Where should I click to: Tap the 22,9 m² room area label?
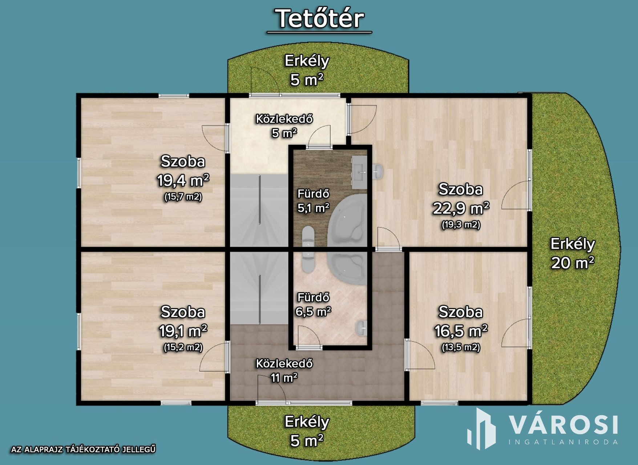point(461,208)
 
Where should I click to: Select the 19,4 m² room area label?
point(183,180)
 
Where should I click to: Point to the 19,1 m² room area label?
point(183,331)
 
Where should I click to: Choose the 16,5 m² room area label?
point(461,331)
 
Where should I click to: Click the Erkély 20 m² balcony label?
point(573,253)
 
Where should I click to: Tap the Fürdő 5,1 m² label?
point(314,201)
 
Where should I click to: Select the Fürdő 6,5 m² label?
point(313,304)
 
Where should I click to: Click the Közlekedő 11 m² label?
point(284,371)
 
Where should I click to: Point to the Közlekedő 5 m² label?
point(284,126)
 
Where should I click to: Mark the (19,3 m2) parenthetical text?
point(461,225)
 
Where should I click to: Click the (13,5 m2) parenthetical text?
point(461,347)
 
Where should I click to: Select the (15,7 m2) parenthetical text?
point(183,197)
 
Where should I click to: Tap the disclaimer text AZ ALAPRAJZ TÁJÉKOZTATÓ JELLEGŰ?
point(84,449)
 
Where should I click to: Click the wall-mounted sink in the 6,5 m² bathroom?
point(362,328)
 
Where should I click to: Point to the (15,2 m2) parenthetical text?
point(183,347)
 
